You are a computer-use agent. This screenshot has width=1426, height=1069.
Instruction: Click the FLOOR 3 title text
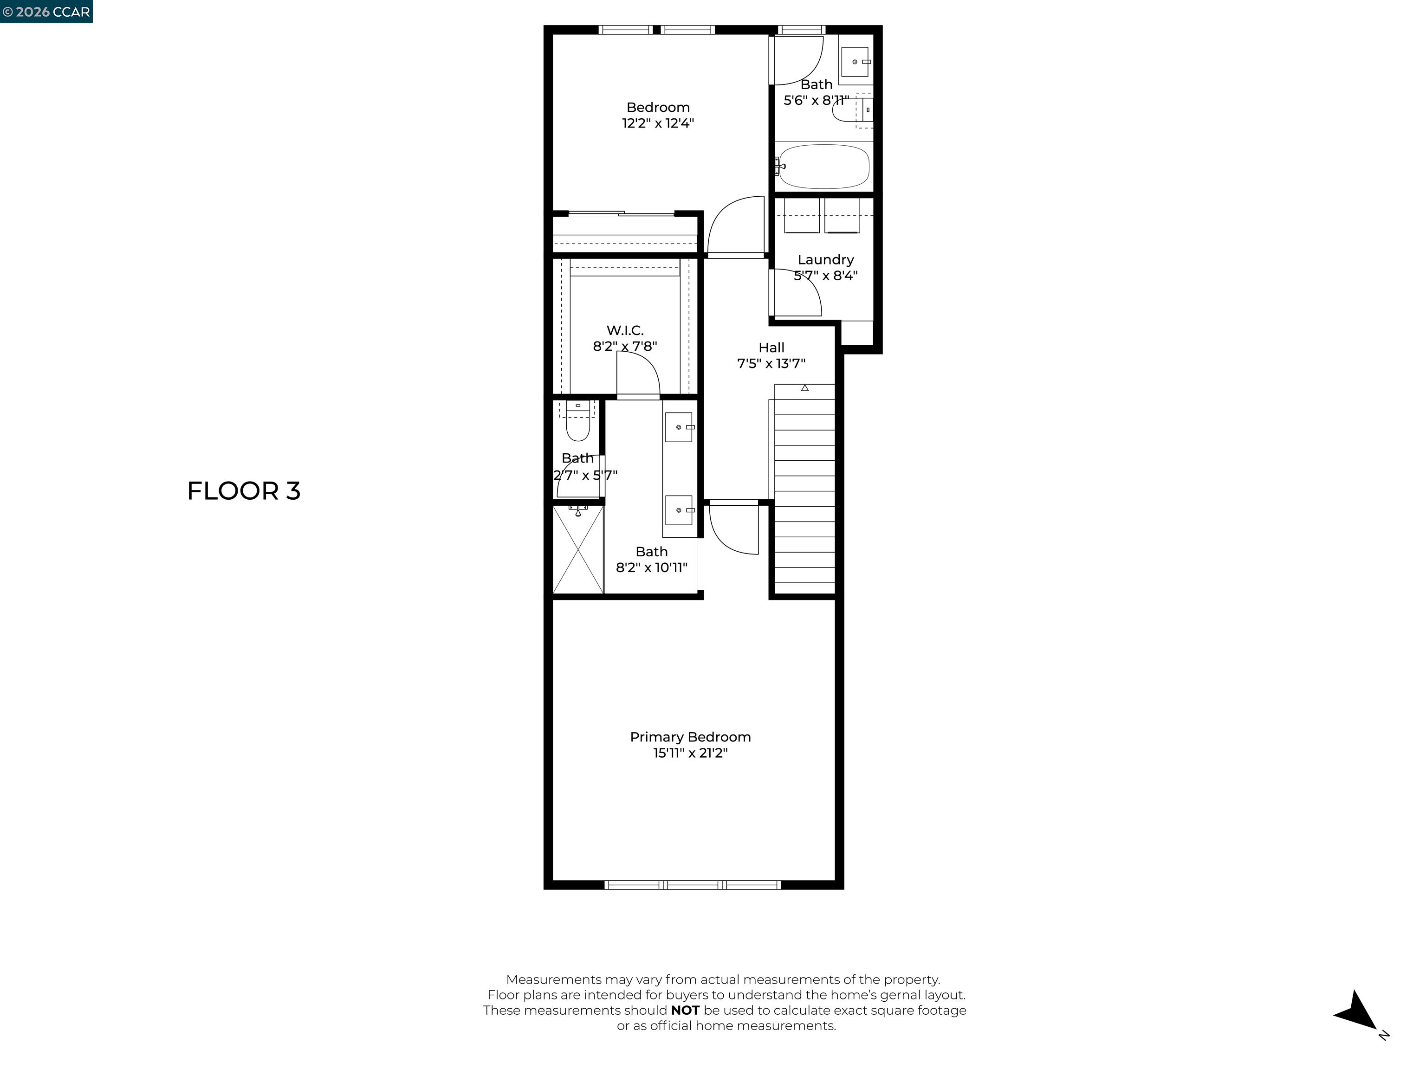click(244, 491)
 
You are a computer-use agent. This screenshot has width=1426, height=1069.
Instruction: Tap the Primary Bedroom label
click(690, 736)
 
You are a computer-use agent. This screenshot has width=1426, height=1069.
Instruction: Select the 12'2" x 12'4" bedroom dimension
click(658, 123)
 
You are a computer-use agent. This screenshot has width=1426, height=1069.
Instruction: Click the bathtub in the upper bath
click(823, 166)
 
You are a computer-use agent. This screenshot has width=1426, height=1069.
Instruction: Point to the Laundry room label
click(825, 260)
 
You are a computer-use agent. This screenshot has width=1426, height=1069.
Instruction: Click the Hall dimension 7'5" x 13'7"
click(771, 363)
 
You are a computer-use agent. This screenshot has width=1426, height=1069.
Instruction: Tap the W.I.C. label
click(625, 330)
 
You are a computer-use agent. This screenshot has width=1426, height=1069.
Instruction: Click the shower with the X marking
click(578, 550)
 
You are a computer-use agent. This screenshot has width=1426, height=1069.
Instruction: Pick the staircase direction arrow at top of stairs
click(804, 388)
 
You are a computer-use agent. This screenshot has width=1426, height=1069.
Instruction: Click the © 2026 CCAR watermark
click(46, 12)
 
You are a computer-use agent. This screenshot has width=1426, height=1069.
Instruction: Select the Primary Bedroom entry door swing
click(733, 528)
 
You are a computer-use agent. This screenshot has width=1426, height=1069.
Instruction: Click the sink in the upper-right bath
click(855, 62)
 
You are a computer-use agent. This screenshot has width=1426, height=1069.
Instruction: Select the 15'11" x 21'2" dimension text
click(690, 753)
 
